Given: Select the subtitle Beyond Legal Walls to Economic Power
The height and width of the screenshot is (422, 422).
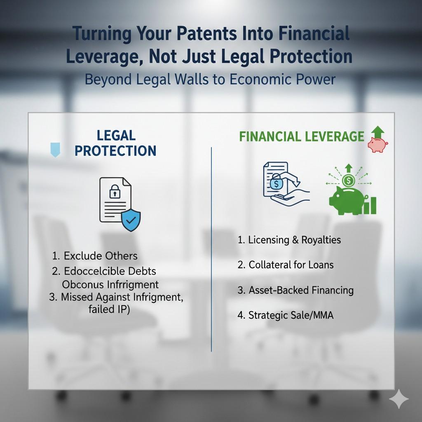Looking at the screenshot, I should [x=210, y=79].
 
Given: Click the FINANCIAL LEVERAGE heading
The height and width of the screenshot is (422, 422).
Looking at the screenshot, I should [x=302, y=137].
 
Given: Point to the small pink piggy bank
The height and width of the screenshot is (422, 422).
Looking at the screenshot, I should [x=377, y=145].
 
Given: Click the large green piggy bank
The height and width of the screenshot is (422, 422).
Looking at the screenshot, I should [x=345, y=201].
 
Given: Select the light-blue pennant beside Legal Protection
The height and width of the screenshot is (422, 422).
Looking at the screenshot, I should [x=54, y=149].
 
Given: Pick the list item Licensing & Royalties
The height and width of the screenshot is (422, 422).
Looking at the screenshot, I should [x=289, y=240].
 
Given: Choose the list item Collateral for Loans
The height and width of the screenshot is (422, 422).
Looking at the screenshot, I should [x=285, y=265].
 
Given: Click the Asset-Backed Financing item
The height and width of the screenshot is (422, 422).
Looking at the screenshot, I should [x=295, y=290].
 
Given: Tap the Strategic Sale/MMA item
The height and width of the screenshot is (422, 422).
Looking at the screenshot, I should [x=285, y=316].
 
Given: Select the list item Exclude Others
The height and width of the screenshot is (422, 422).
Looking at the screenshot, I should [x=95, y=256].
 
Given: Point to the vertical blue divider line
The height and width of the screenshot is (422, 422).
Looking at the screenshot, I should [x=211, y=247].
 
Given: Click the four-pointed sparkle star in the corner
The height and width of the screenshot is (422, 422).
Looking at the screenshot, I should [x=399, y=399].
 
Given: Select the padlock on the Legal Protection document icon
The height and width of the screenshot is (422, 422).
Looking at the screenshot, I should [x=114, y=191].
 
